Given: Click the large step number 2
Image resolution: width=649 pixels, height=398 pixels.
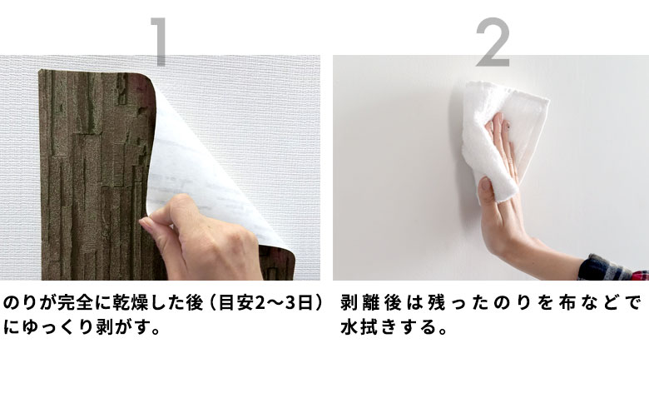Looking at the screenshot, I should click(x=492, y=42).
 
